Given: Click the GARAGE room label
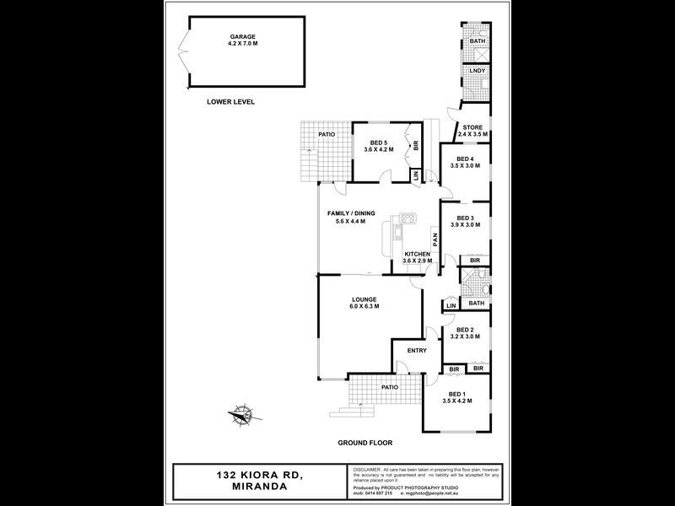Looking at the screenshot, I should click(x=243, y=37).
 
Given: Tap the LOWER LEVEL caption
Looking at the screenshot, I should click(x=230, y=102).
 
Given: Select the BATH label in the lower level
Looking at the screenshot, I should click(x=478, y=41).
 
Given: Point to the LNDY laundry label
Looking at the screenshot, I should click(x=477, y=71).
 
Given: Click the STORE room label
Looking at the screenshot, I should click(x=472, y=127).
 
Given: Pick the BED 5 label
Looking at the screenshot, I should click(x=379, y=144).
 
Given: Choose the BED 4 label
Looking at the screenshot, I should click(x=465, y=159).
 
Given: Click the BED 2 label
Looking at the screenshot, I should click(x=465, y=330).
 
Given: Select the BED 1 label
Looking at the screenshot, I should click(x=456, y=395).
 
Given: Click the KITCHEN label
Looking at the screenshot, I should click(x=417, y=254).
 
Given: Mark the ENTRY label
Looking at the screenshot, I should click(x=417, y=351).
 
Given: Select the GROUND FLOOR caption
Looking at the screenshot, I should click(x=365, y=442).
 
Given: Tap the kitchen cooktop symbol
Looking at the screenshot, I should click(x=404, y=220).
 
